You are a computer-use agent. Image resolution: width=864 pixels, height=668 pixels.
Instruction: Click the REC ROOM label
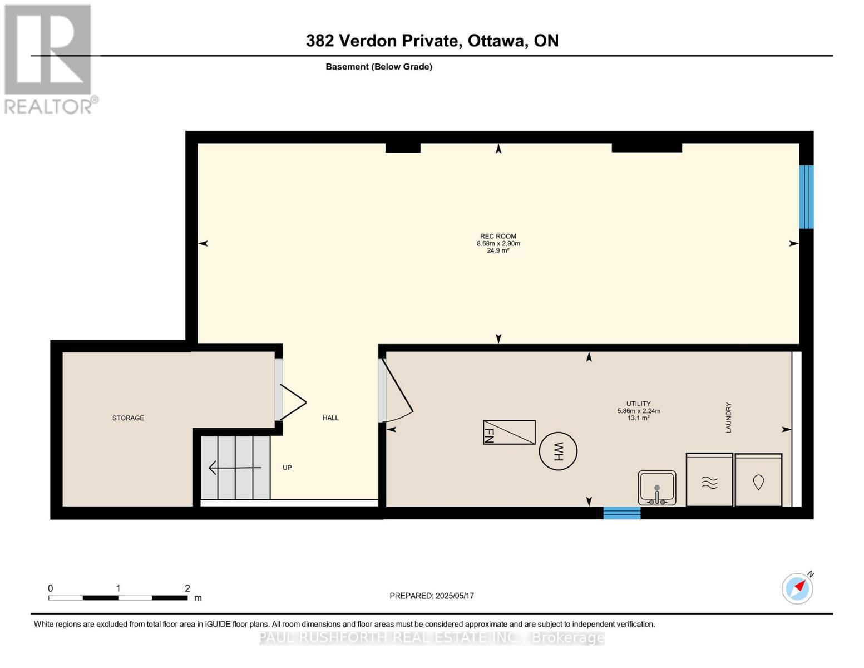[498, 237]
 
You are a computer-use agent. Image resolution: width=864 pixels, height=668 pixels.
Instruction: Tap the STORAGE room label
[128, 418]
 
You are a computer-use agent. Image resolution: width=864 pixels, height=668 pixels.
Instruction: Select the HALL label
[330, 418]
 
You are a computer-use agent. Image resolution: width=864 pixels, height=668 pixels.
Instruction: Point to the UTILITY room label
[638, 404]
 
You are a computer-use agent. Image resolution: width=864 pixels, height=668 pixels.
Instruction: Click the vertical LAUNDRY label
[728, 417]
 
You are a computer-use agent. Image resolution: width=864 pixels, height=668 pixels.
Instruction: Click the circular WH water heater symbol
[558, 451]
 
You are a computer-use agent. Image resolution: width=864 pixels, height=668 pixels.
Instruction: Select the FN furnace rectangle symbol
[509, 433]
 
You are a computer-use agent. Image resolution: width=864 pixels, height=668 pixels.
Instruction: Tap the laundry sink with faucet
[657, 488]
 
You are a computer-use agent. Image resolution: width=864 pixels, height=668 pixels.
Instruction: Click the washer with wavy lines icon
[709, 480]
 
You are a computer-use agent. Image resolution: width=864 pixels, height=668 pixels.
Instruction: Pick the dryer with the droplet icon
[758, 480]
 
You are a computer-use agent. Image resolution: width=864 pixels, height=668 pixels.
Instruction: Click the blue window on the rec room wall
[806, 197]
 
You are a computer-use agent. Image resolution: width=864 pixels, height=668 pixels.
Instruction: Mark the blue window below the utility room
[622, 513]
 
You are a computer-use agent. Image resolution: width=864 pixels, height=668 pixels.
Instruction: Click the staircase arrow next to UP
[234, 468]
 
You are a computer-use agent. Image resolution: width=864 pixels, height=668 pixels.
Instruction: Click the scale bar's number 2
[187, 588]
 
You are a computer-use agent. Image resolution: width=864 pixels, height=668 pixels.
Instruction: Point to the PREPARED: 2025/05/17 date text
[432, 596]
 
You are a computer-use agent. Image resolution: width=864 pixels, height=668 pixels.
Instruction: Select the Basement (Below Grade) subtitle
[379, 67]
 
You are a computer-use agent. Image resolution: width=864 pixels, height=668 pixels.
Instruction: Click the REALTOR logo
[49, 58]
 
